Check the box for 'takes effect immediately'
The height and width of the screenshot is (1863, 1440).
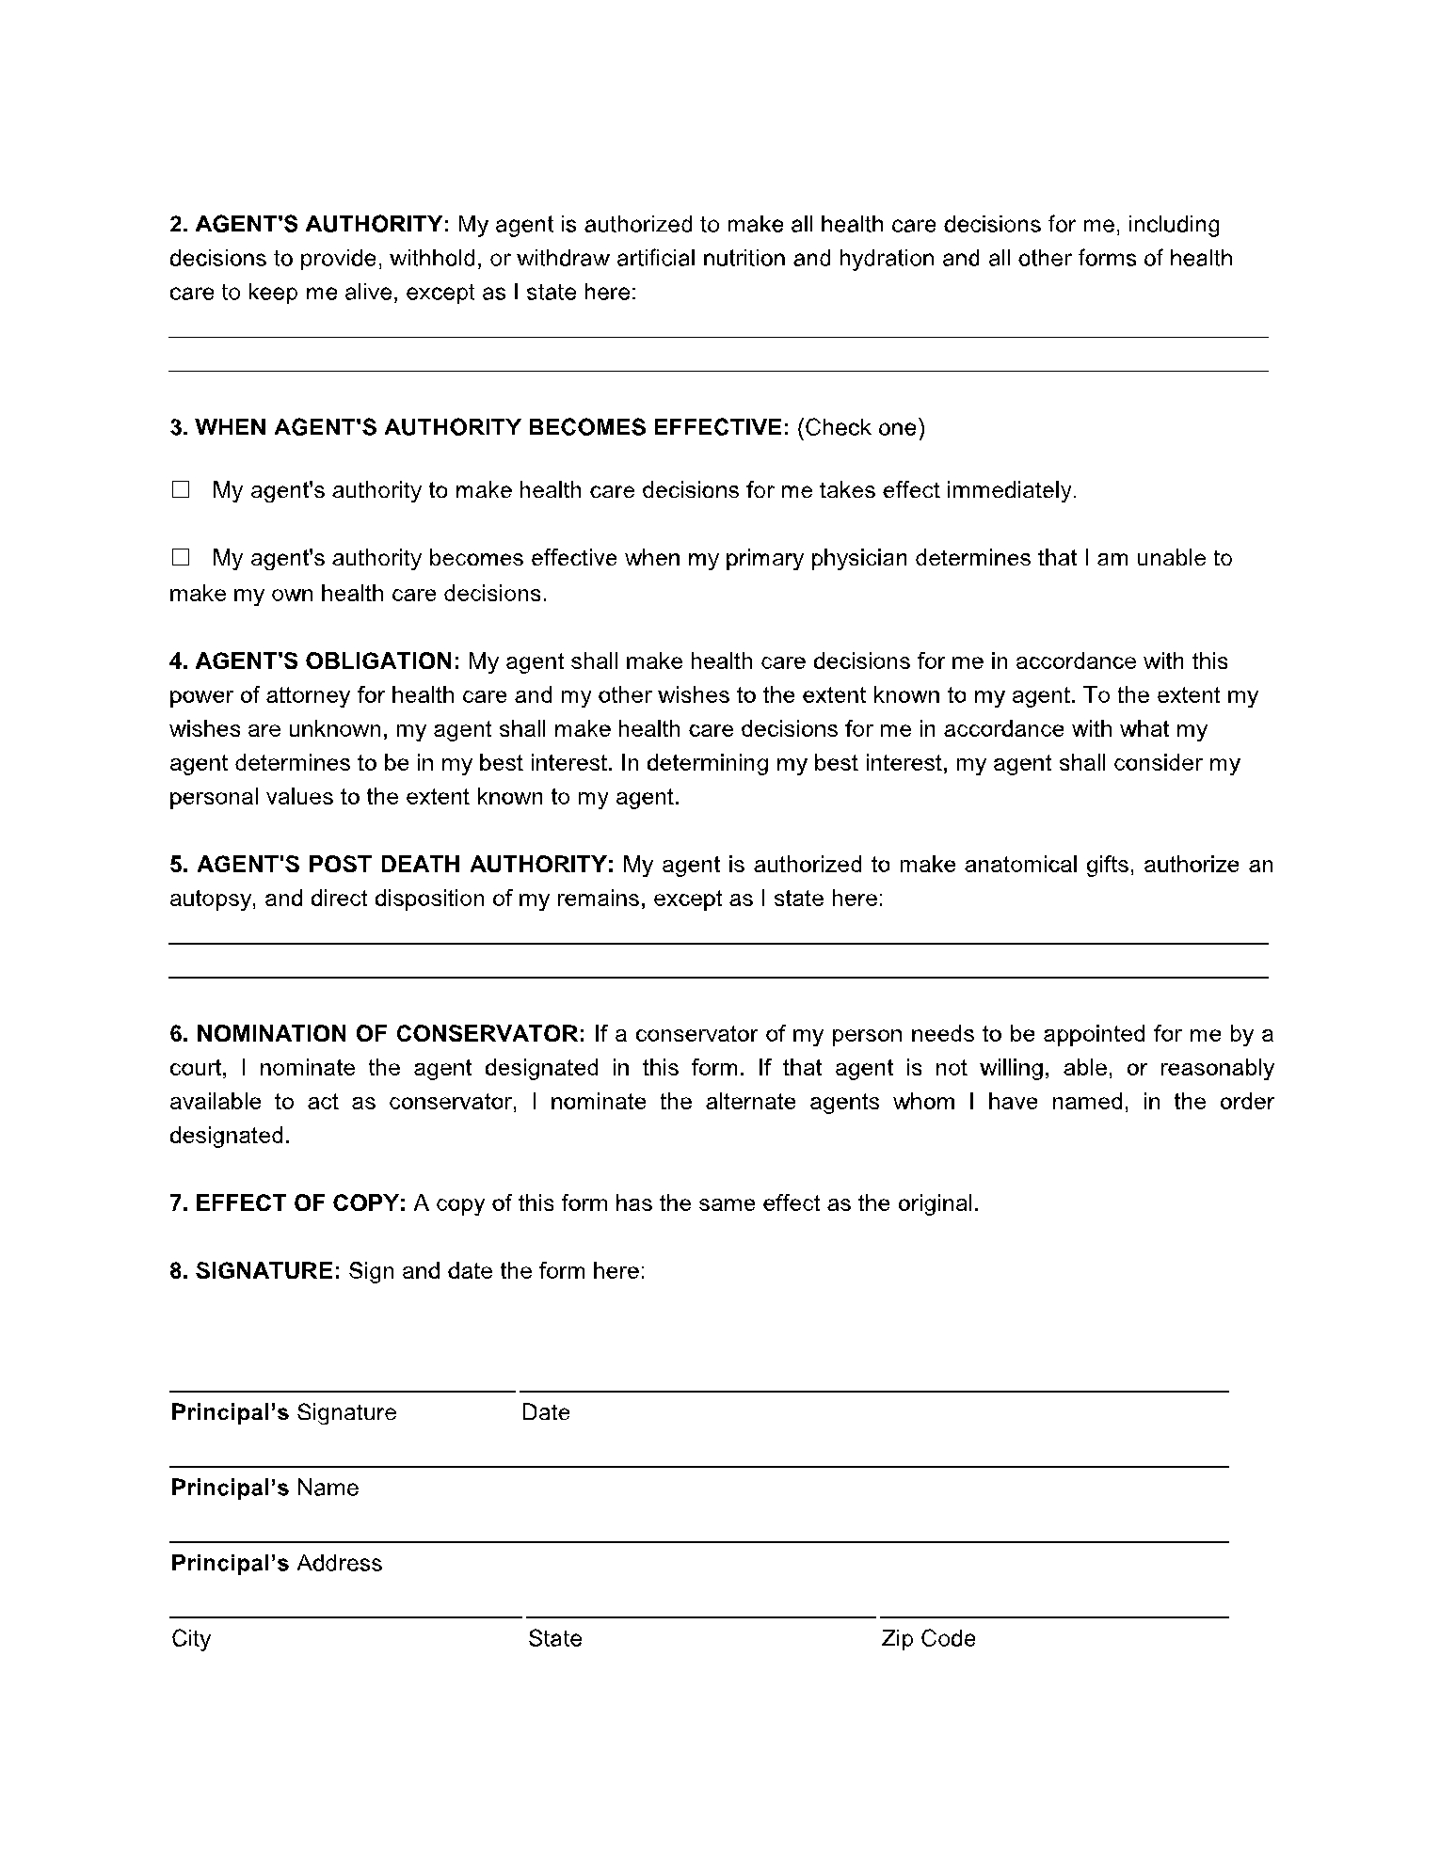181,490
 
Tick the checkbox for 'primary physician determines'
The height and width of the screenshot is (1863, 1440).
181,558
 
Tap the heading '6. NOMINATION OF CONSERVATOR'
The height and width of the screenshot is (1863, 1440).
377,1034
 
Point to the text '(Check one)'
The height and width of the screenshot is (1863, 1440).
860,428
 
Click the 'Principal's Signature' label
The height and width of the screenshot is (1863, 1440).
283,1412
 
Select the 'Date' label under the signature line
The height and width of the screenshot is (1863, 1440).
546,1412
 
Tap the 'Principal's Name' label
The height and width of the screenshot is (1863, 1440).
264,1488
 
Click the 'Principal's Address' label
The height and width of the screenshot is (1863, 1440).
277,1563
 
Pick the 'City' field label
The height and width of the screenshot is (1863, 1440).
191,1638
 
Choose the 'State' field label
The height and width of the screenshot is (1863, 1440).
554,1638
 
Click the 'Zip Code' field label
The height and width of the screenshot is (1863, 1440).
928,1638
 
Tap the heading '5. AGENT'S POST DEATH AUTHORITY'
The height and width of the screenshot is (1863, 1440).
392,865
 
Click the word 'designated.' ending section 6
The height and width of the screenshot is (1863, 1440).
229,1136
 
